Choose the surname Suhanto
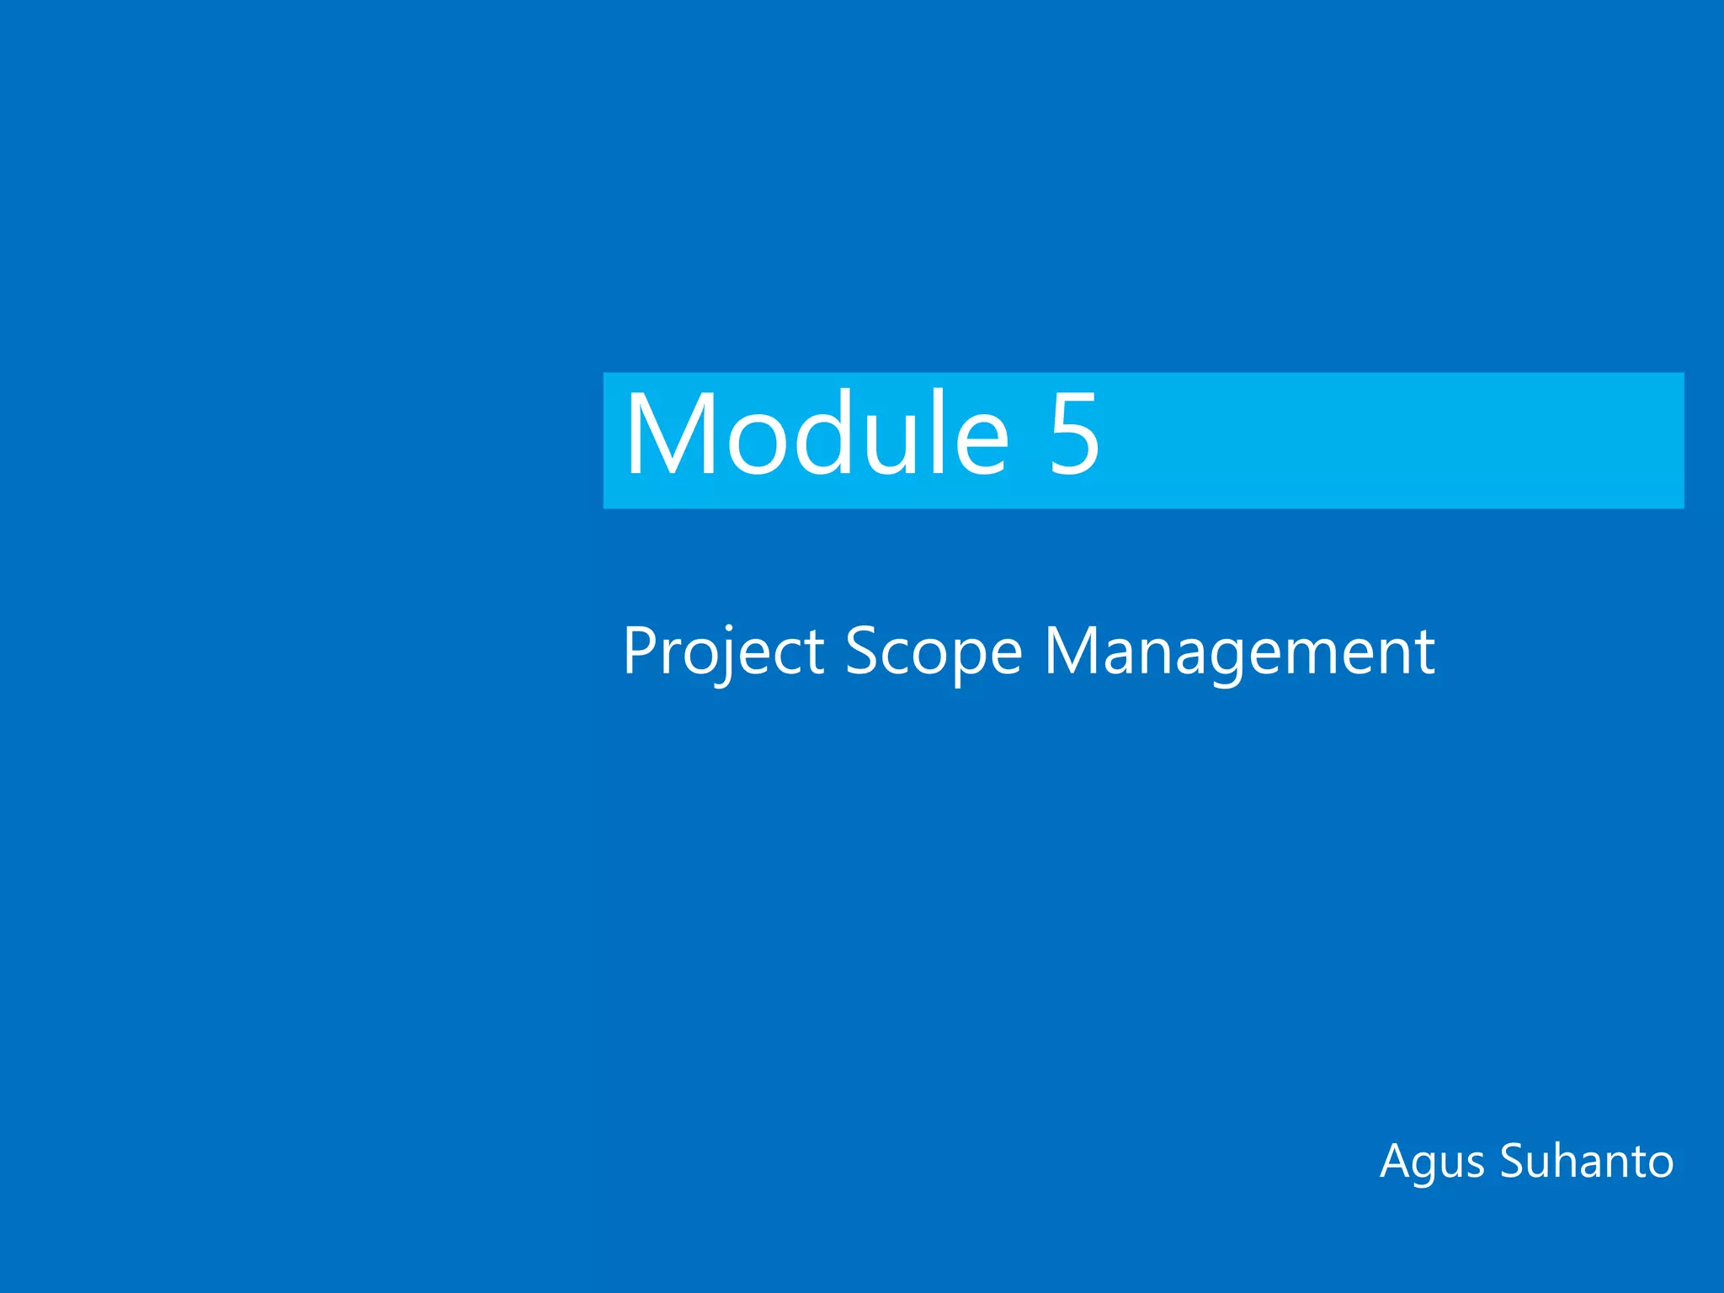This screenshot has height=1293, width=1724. pos(1587,1162)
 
